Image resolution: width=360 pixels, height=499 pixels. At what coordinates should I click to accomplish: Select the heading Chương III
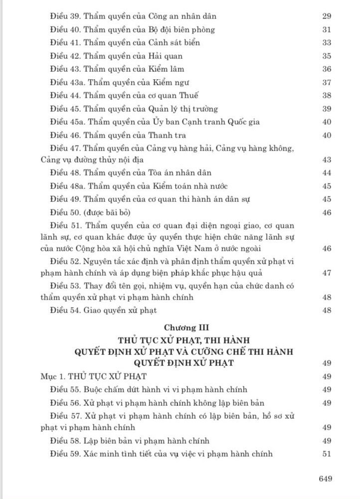pos(187,328)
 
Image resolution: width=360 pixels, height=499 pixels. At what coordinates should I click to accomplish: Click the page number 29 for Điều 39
pos(327,16)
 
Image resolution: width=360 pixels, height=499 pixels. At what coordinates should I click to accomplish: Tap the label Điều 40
pos(65,29)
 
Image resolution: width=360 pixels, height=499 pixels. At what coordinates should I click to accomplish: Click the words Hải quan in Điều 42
pos(166,56)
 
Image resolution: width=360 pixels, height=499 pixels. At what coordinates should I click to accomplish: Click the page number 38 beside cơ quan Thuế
pos(327,95)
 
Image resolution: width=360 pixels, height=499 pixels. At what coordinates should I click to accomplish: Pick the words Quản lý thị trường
pos(182,109)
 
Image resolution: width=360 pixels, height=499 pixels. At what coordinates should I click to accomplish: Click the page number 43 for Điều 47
pos(327,160)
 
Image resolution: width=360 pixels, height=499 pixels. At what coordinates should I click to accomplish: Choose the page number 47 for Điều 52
pos(327,273)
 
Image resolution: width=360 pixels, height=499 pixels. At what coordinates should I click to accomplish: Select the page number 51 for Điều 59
pos(327,454)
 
